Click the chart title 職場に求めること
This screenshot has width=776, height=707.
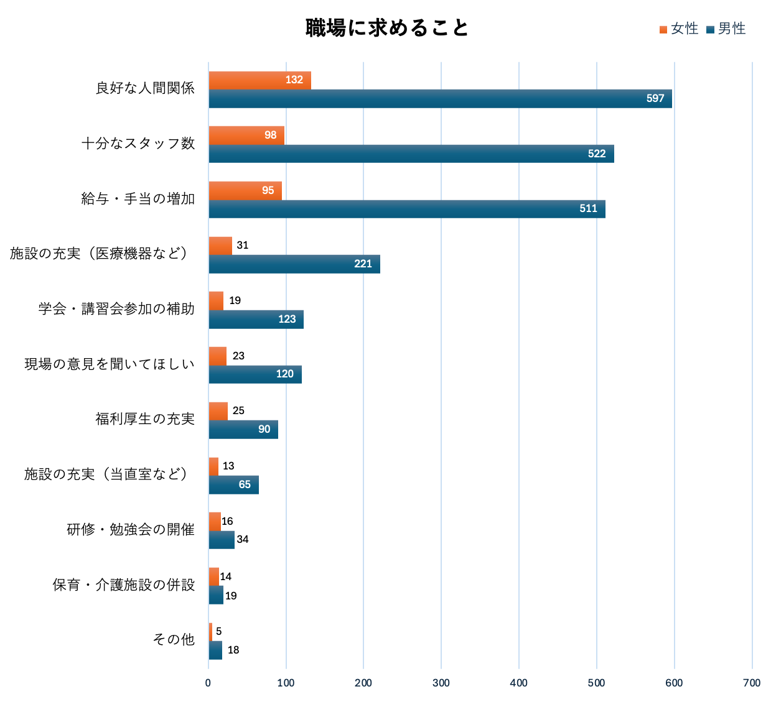386,28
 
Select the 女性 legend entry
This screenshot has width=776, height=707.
680,29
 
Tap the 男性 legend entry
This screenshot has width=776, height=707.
727,29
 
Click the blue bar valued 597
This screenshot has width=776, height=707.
440,99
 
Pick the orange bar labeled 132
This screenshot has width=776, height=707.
259,80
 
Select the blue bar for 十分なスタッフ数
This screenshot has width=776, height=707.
411,154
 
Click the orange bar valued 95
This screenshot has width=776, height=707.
245,191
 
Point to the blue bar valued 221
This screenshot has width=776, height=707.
294,264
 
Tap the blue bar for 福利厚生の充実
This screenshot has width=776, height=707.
243,430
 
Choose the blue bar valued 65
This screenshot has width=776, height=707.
233,485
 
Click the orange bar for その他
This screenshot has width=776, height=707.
210,632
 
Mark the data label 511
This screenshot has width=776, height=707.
588,209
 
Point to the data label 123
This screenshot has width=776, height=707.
287,320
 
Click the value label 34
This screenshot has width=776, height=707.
243,540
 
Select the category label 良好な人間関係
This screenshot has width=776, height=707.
145,88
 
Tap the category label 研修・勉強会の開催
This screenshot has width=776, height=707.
131,530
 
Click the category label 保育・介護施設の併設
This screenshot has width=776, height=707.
124,585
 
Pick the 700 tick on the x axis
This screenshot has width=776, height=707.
752,683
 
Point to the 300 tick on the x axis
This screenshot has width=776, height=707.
441,683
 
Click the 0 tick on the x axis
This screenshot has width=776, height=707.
208,683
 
